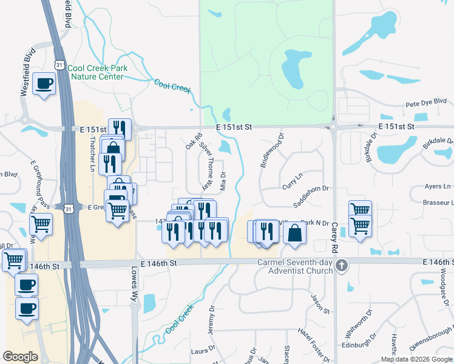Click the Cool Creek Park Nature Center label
click(98, 72)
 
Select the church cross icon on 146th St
click(342, 265)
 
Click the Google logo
click(21, 356)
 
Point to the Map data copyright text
click(416, 359)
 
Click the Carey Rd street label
click(334, 237)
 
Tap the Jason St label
click(320, 304)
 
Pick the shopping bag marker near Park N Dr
click(294, 233)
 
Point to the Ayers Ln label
click(438, 186)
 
